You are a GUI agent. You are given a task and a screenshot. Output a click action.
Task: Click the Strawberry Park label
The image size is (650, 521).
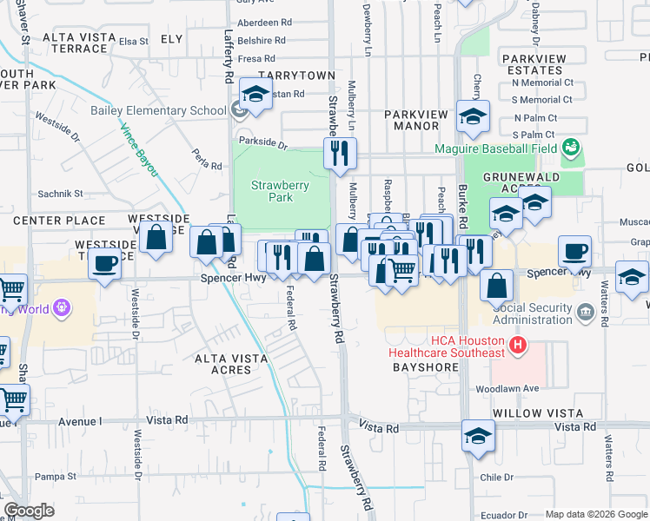(x=272, y=191)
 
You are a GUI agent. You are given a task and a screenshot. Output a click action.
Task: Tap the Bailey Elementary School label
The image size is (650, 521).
(x=158, y=110)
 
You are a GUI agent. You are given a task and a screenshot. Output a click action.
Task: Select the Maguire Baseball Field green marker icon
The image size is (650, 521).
(x=571, y=148)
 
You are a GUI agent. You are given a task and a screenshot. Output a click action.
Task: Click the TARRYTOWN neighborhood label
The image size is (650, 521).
(x=295, y=76)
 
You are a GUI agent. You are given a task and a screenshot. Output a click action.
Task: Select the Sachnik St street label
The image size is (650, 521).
(x=59, y=194)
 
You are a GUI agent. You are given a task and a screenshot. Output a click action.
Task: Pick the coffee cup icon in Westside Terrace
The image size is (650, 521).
(x=105, y=263)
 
